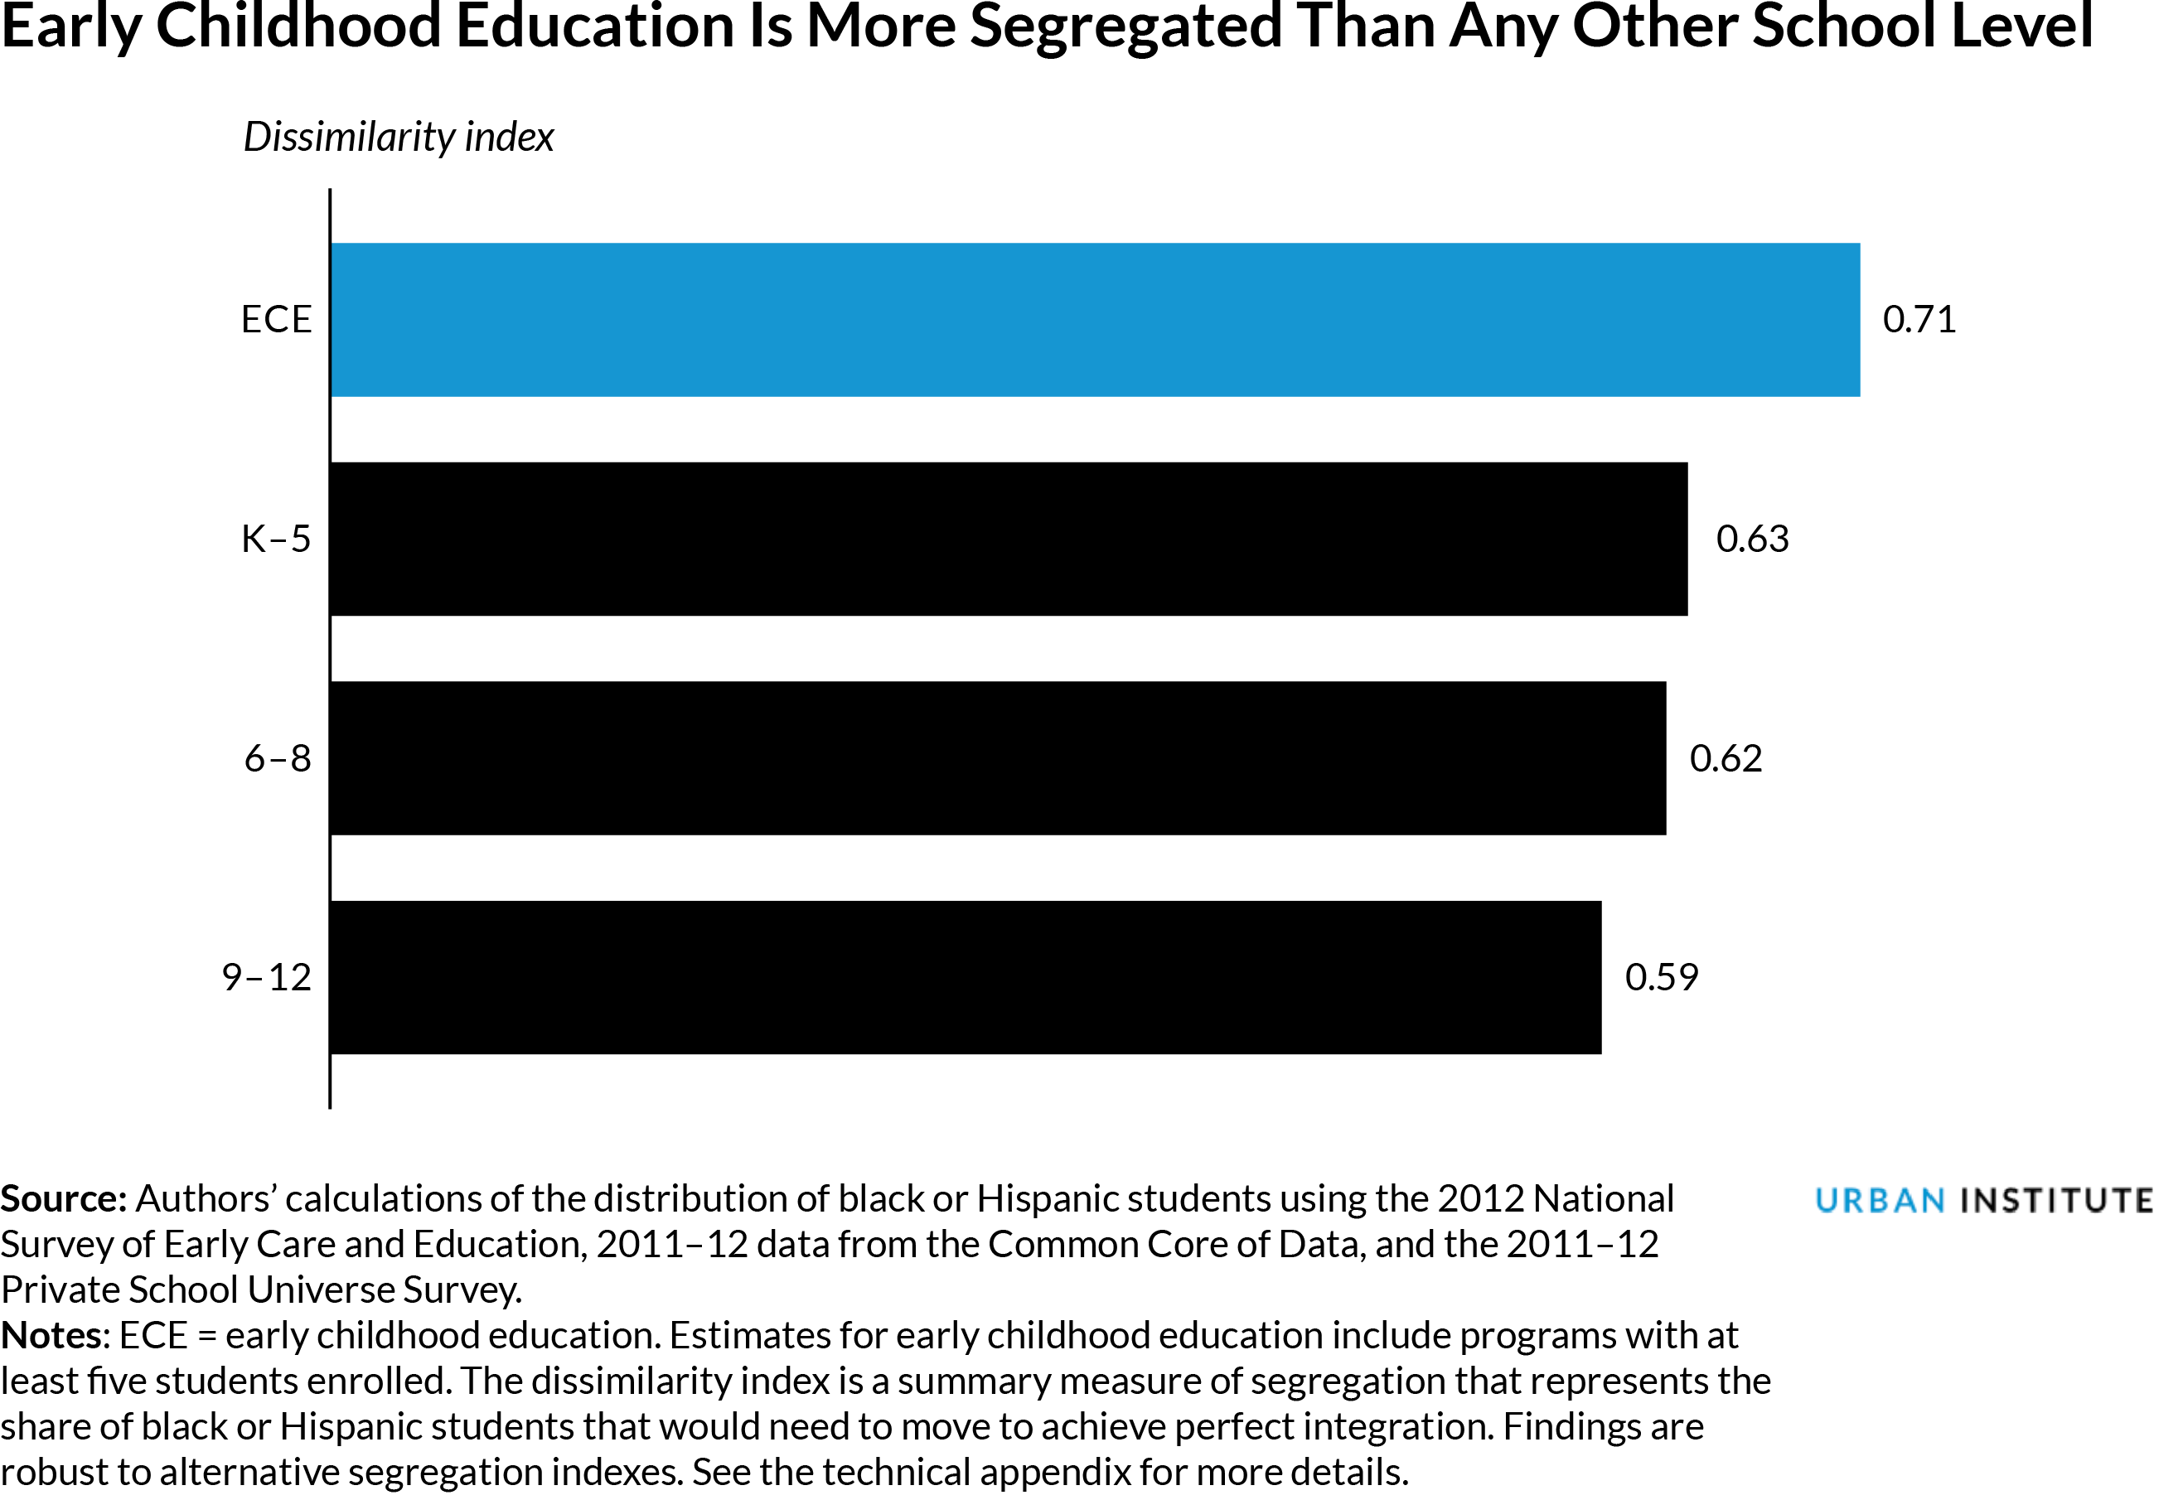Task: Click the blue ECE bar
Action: pos(1095,320)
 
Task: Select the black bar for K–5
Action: pos(1009,539)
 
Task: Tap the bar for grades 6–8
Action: pos(998,758)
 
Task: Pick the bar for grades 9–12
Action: pos(965,977)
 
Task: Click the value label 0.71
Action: pos(1919,320)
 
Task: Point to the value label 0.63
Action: pos(1753,539)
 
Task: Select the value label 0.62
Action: pos(1726,758)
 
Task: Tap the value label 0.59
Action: pos(1662,977)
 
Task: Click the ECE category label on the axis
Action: pos(275,320)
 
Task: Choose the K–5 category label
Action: pos(275,539)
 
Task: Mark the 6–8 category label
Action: pos(277,758)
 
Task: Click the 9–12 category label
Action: pos(266,977)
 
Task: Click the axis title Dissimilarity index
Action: pos(399,138)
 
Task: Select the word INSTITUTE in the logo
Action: pos(2057,1201)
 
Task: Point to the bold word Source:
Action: pos(63,1199)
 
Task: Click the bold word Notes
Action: pos(54,1336)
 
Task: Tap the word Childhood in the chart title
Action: pos(299,27)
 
